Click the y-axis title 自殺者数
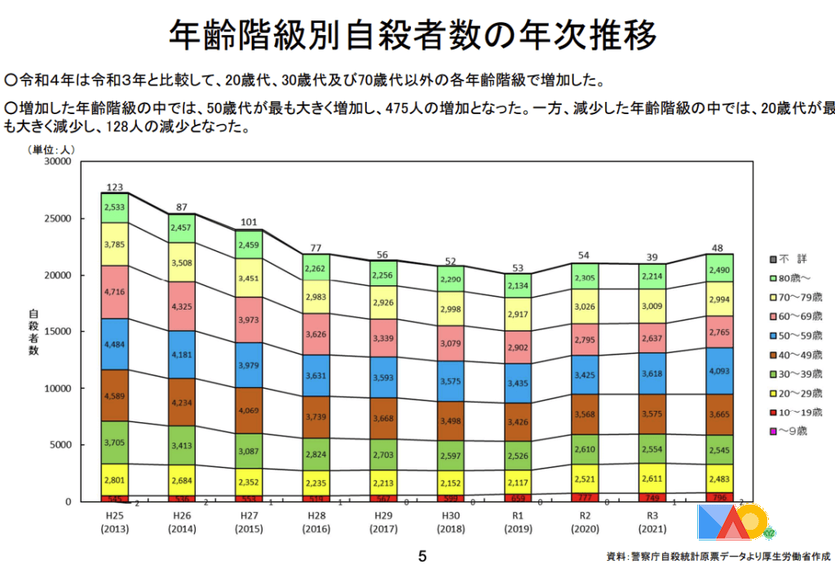[x=33, y=332]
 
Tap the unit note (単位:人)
[x=51, y=150]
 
